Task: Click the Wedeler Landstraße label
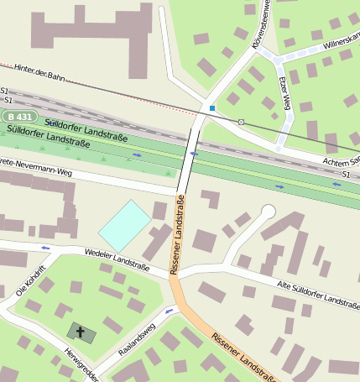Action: [117, 263]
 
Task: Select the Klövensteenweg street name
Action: [262, 25]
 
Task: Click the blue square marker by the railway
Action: [212, 108]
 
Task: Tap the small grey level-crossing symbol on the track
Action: [241, 123]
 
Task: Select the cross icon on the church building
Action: [81, 332]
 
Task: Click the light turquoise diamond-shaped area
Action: [125, 225]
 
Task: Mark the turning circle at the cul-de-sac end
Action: [269, 211]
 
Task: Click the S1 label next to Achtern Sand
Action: [345, 174]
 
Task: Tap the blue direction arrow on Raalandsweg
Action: [170, 311]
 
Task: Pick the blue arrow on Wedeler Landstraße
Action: [45, 248]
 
